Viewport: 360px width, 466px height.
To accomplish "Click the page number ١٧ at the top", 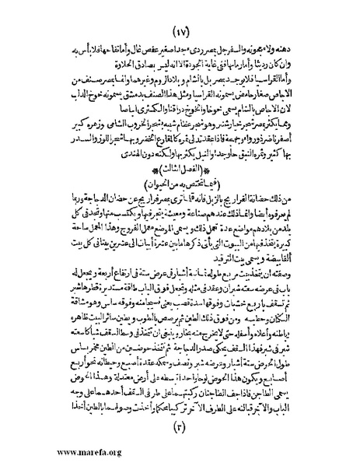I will [181, 17].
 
